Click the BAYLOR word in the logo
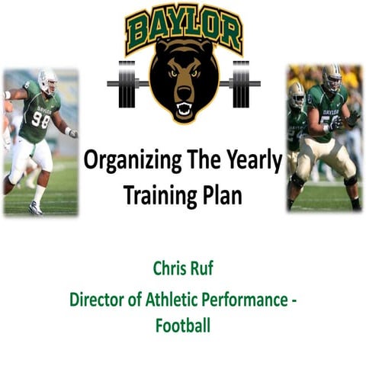tap(184, 29)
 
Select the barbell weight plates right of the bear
tap(240, 83)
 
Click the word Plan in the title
tap(222, 194)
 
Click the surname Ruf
tap(201, 271)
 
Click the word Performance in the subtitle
tap(246, 300)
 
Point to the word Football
tap(183, 326)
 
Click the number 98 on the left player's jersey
tap(40, 121)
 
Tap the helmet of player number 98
tap(48, 79)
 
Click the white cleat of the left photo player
tap(36, 208)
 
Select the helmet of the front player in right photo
tap(332, 78)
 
